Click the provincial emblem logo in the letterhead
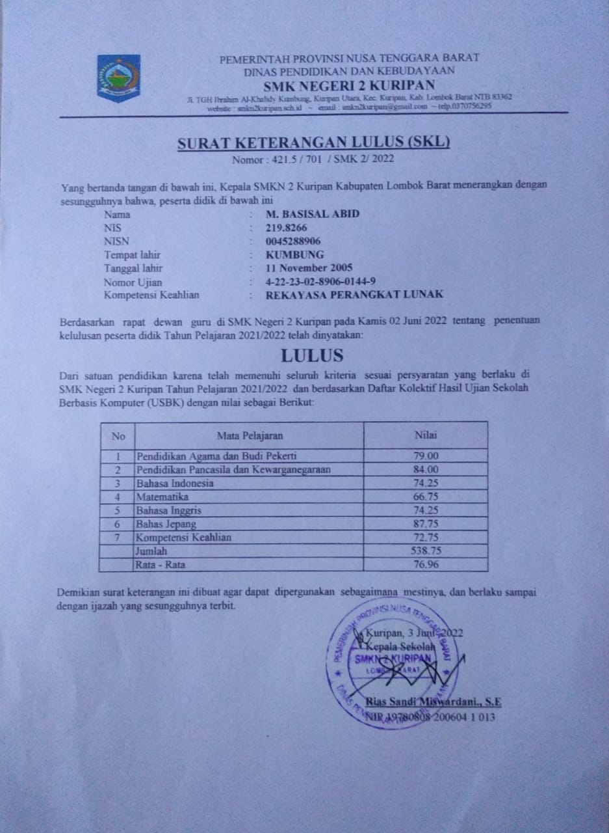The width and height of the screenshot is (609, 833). (118, 77)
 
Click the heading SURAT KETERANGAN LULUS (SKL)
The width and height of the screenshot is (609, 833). (314, 143)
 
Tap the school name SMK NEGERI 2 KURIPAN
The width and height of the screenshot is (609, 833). (349, 85)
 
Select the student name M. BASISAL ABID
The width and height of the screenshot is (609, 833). (313, 214)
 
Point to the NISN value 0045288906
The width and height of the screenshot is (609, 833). (293, 241)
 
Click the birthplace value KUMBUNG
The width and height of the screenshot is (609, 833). (294, 254)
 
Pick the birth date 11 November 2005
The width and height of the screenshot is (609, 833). (309, 268)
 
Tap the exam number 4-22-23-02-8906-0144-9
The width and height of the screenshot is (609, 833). (321, 282)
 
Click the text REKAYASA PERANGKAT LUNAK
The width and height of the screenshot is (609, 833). (355, 294)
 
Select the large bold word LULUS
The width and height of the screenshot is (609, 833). (313, 355)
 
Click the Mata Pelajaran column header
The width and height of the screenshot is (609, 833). (250, 435)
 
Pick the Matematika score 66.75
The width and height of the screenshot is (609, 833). (426, 497)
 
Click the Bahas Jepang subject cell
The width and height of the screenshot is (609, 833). (166, 524)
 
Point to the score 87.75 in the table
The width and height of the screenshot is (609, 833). (426, 524)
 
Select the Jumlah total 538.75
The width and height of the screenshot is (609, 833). (426, 551)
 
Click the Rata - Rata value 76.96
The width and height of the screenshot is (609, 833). (426, 564)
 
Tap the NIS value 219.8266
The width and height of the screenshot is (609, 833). (286, 228)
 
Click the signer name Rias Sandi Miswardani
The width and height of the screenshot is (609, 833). (434, 702)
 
